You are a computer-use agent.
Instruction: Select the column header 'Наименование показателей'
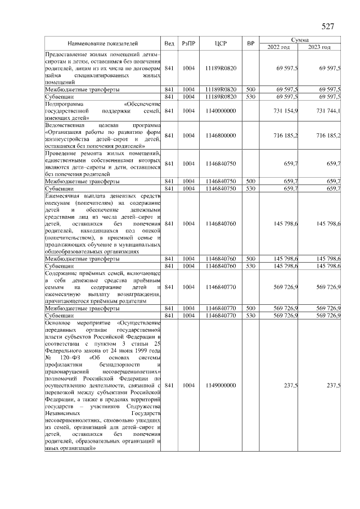(103, 43)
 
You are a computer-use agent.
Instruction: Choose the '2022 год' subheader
(278, 47)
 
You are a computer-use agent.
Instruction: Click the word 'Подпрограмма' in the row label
(63, 104)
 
